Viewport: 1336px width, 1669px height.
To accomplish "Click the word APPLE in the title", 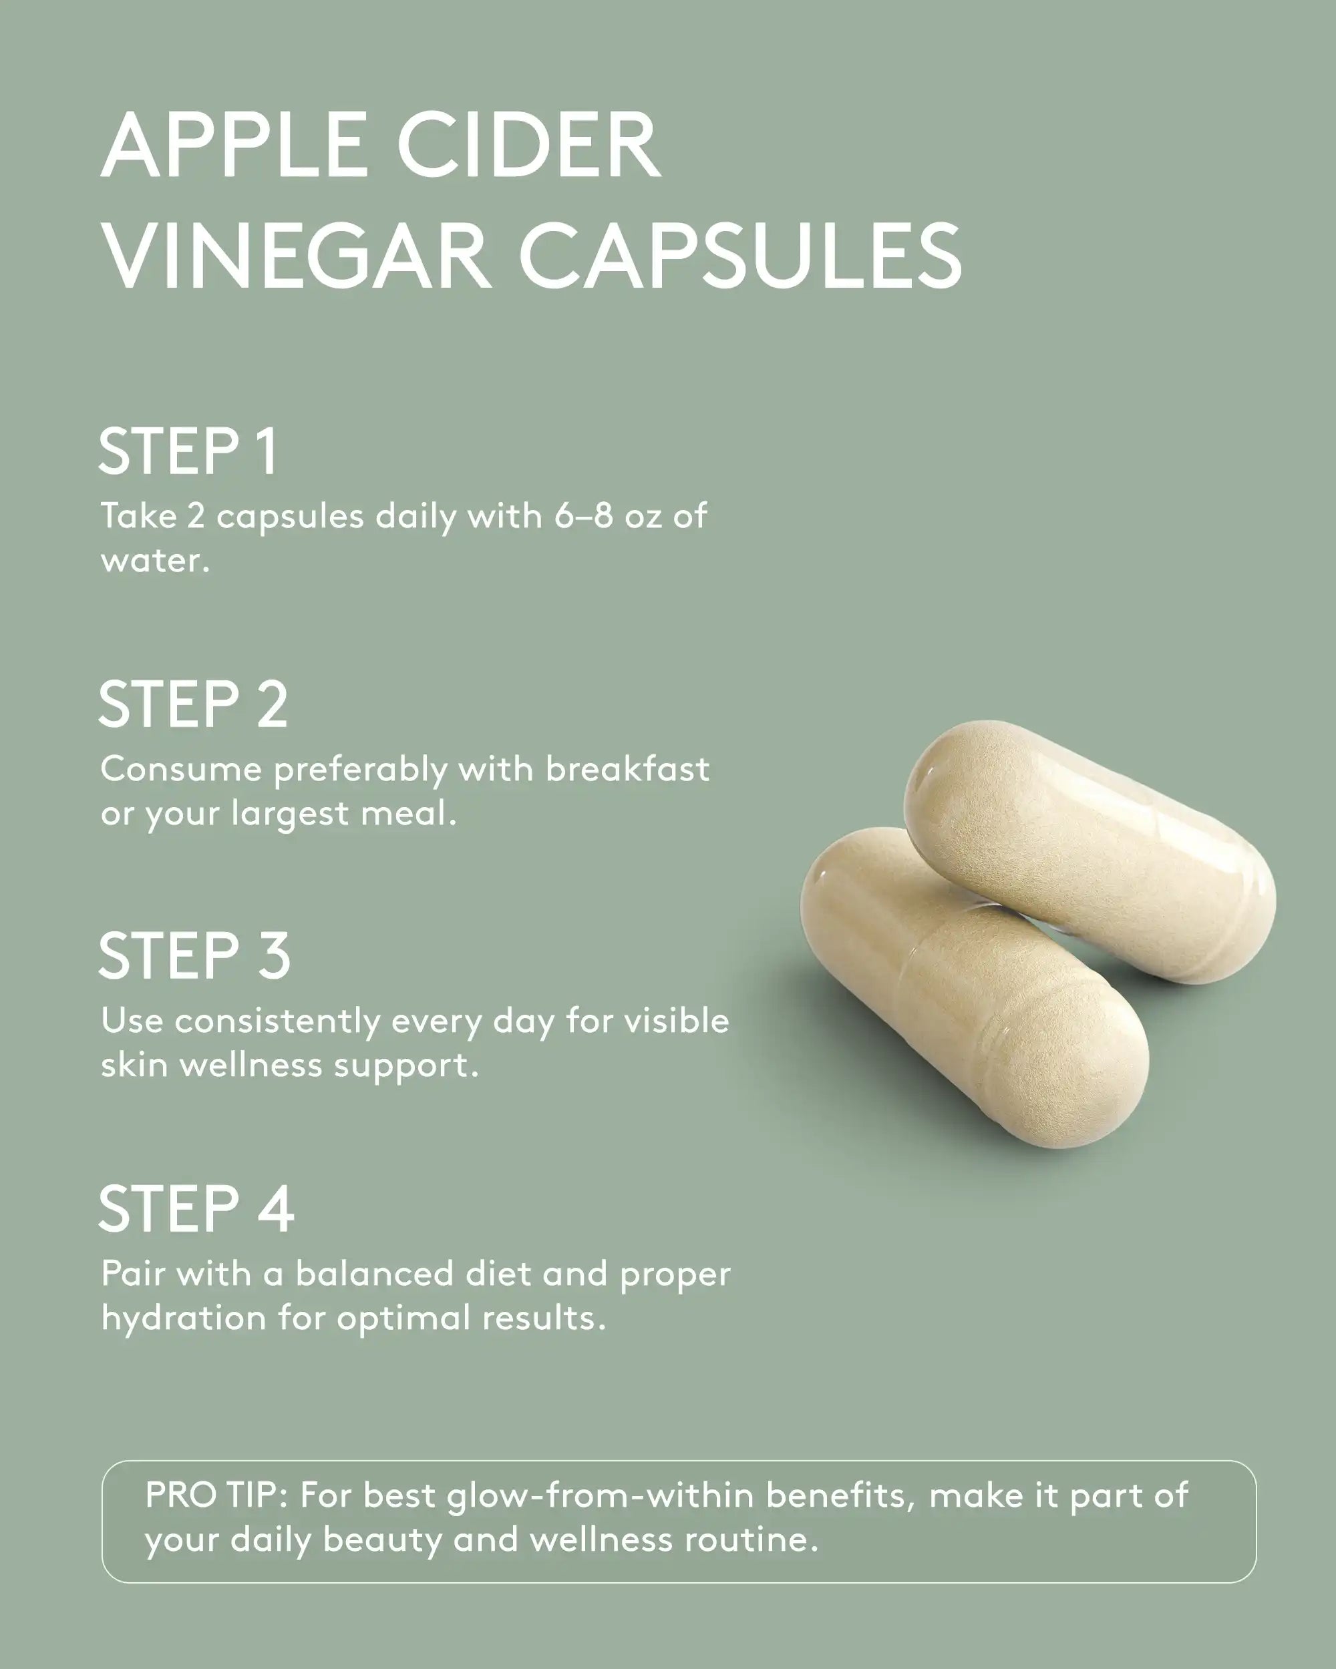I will pyautogui.click(x=234, y=147).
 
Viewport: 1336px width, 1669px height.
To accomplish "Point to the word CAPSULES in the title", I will pyautogui.click(x=739, y=256).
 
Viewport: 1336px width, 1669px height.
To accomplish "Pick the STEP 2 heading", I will pyautogui.click(x=194, y=704).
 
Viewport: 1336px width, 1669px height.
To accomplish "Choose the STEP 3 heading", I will pyautogui.click(x=194, y=956).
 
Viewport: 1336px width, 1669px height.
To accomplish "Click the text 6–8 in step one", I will pyautogui.click(x=583, y=516).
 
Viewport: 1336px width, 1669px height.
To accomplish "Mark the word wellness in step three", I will pyautogui.click(x=251, y=1066).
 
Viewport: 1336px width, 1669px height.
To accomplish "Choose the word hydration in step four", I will pyautogui.click(x=184, y=1319).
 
